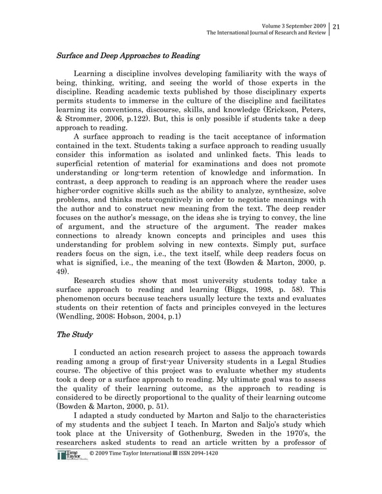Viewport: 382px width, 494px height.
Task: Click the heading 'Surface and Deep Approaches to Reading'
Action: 128,56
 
